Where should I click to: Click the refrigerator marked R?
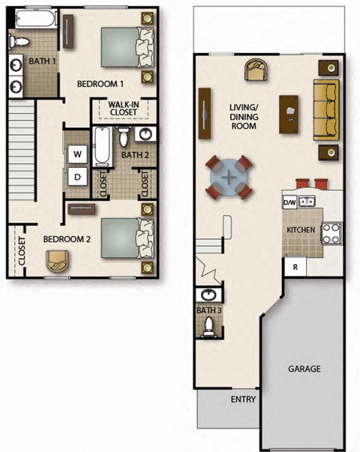pyautogui.click(x=295, y=267)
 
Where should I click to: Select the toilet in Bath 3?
pyautogui.click(x=208, y=325)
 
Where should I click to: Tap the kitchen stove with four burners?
pyautogui.click(x=332, y=233)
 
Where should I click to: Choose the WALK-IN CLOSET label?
pyautogui.click(x=122, y=109)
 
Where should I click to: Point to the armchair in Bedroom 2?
pyautogui.click(x=56, y=262)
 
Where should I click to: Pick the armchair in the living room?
pyautogui.click(x=256, y=70)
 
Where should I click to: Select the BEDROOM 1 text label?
pyautogui.click(x=100, y=84)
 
